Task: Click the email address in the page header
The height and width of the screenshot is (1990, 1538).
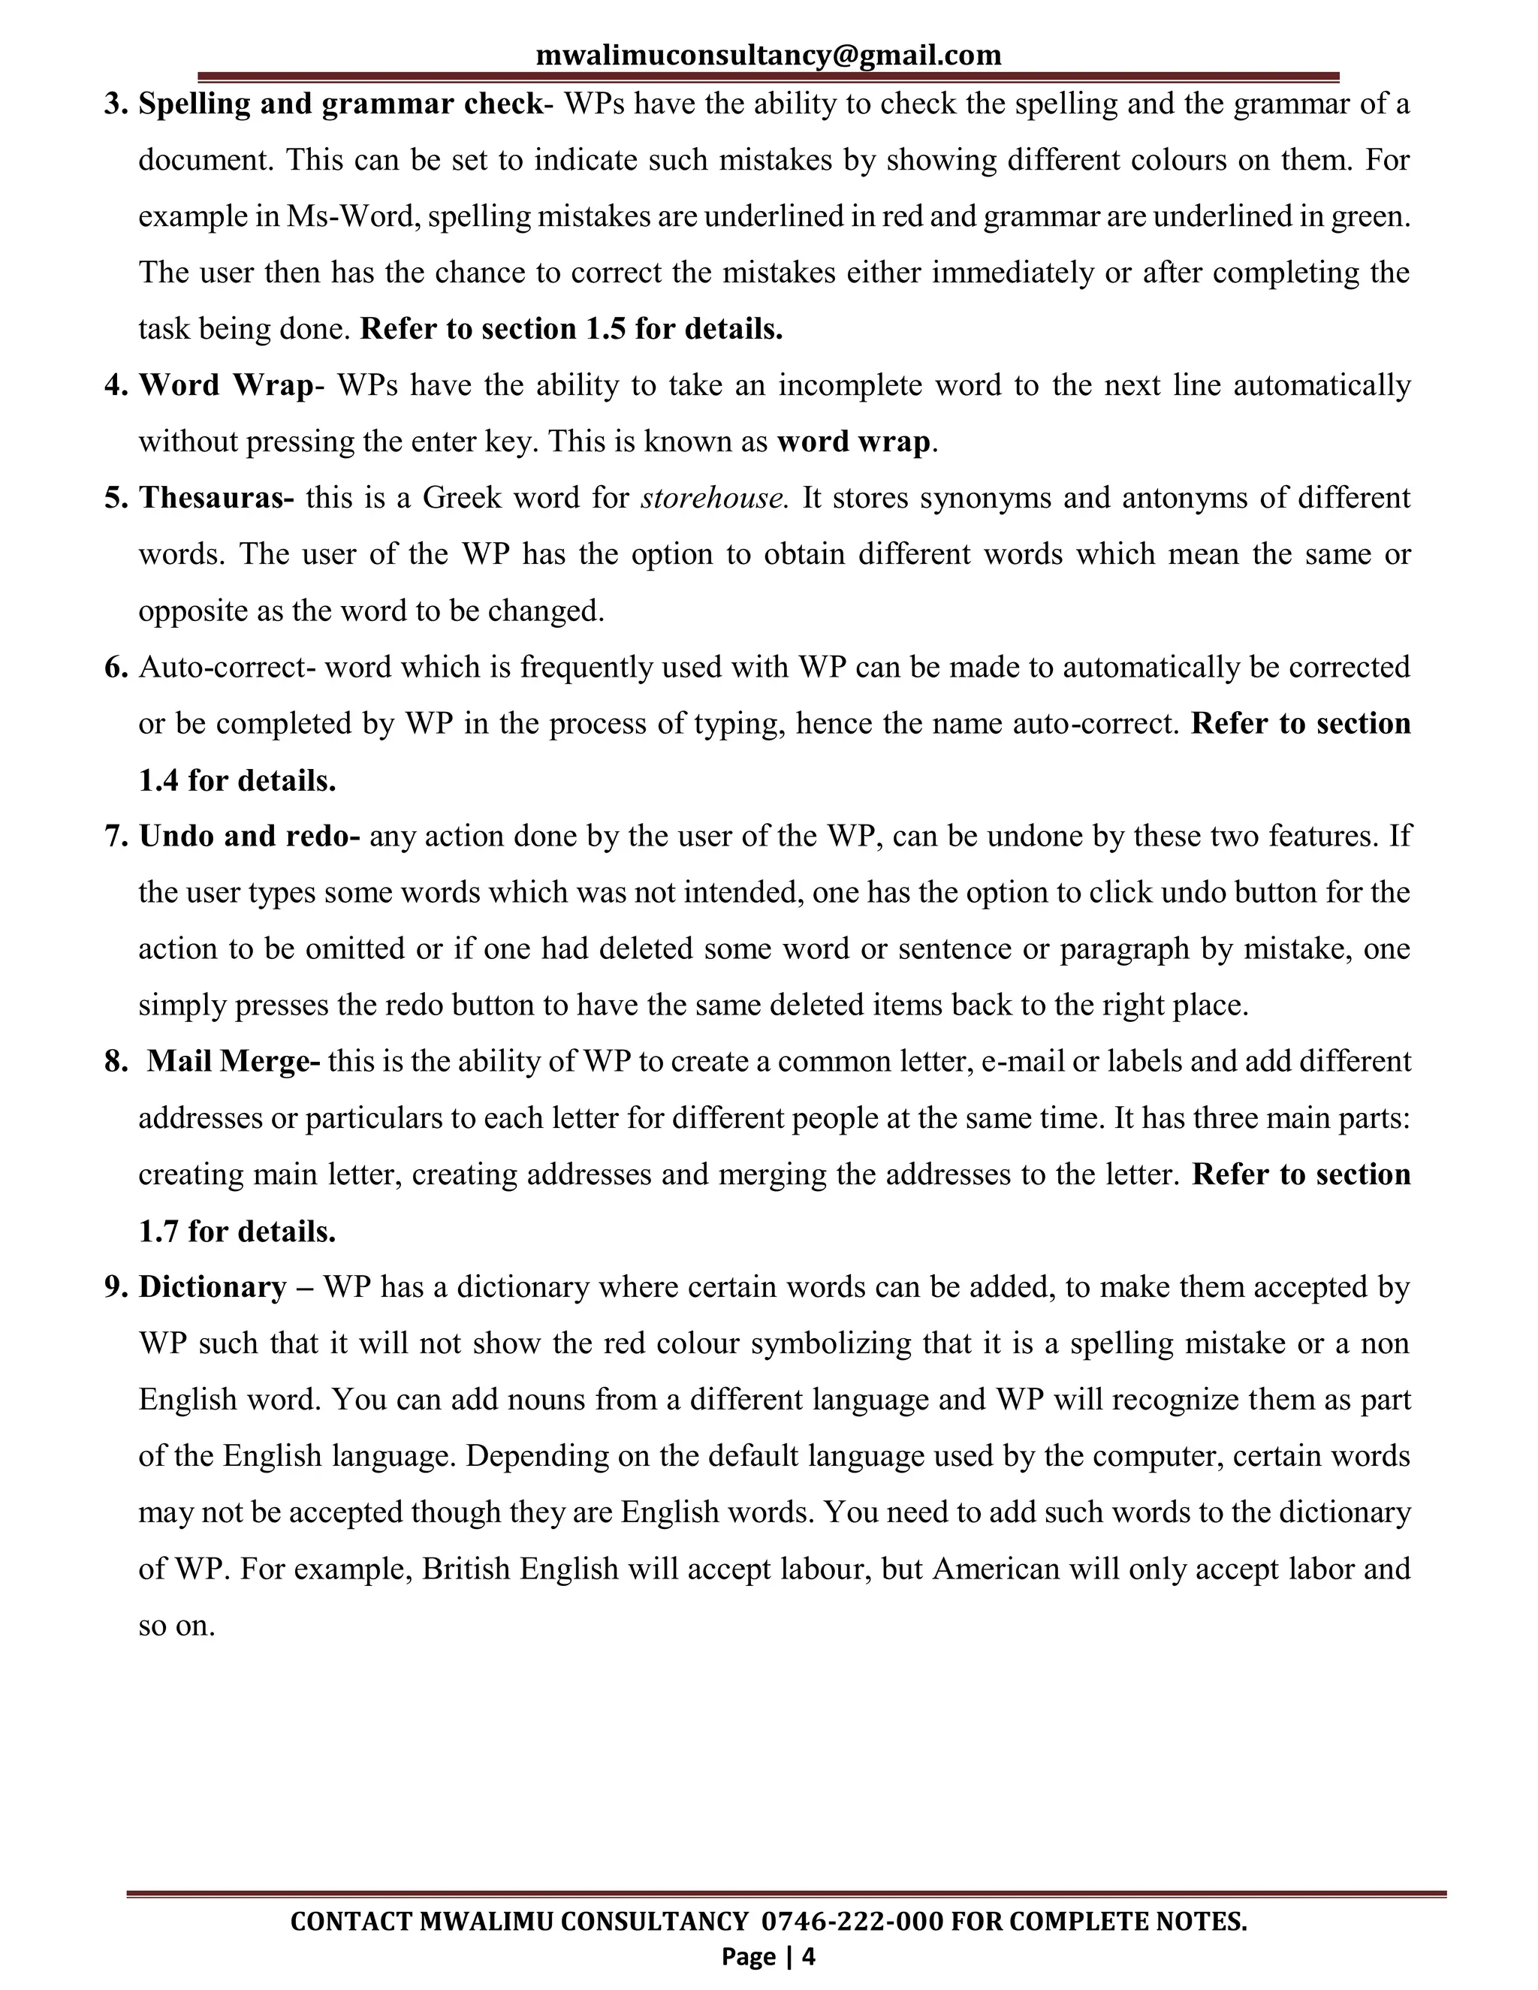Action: click(768, 55)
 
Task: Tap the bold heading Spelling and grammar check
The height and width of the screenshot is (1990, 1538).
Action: click(340, 104)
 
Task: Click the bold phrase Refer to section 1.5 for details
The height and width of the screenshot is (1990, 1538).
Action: click(571, 329)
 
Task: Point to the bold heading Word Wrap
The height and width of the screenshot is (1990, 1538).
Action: click(225, 385)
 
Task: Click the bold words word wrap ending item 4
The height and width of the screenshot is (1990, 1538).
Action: click(854, 442)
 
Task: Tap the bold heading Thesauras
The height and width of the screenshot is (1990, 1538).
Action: click(216, 499)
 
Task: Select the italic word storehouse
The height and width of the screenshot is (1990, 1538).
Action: click(713, 499)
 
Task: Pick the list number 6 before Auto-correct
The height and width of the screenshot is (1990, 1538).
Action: click(116, 668)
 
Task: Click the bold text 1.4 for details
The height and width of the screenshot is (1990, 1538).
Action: click(237, 781)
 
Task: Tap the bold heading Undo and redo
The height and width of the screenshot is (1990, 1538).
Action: click(249, 837)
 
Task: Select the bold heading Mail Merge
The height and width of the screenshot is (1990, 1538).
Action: click(234, 1063)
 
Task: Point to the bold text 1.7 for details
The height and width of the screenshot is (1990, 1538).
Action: click(237, 1232)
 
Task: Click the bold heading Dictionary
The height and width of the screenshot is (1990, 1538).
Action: click(213, 1287)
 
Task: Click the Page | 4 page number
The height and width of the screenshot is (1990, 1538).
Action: click(768, 1956)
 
